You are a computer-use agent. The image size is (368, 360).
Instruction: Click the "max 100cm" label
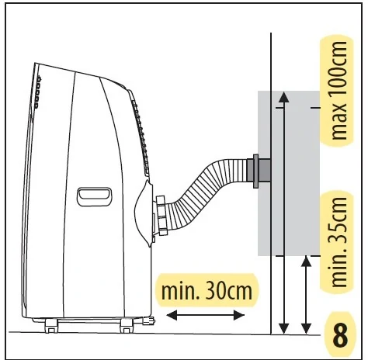[x=338, y=91]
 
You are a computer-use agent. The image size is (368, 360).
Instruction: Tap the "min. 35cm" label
[x=338, y=242]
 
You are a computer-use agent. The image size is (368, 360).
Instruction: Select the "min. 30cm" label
[x=207, y=291]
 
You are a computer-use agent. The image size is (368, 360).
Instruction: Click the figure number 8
[x=340, y=336]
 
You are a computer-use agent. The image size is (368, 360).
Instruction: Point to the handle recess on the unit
[x=95, y=196]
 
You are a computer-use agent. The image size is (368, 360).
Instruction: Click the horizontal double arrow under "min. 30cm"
[x=206, y=315]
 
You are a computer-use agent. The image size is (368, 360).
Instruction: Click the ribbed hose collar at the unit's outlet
[x=161, y=215]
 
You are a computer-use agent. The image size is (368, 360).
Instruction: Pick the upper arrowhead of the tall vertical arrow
[x=284, y=97]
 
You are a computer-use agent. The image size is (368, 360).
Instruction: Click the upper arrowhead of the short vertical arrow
[x=307, y=261]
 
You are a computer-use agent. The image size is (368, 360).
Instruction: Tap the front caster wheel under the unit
[x=51, y=326]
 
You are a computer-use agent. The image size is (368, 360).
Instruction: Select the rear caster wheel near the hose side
[x=127, y=326]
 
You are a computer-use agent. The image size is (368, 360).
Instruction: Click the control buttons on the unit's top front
[x=38, y=92]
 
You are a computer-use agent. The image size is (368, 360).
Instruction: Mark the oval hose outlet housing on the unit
[x=144, y=213]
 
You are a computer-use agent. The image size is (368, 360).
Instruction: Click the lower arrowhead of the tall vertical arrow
[x=284, y=328]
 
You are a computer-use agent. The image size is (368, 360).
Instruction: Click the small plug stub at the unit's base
[x=148, y=320]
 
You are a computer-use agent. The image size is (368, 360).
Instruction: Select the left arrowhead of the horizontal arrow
[x=172, y=315]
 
